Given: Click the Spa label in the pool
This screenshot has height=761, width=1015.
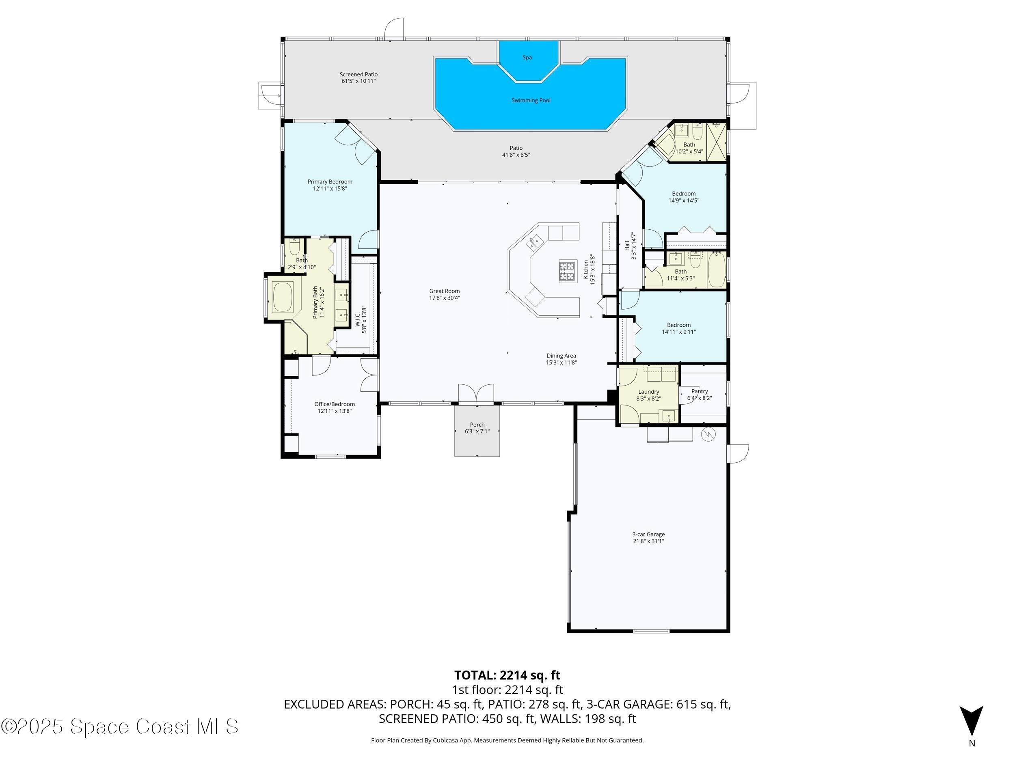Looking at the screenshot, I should coord(527,57).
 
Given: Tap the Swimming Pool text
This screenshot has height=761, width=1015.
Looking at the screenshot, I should coord(531,100).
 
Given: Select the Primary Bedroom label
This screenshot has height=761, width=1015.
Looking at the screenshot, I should coord(329,182).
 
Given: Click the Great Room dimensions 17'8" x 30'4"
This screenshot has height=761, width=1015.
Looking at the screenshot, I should coord(444,298).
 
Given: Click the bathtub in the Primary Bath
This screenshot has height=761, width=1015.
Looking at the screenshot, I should coord(283,297).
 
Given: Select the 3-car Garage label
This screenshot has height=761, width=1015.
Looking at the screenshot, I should coord(648,534).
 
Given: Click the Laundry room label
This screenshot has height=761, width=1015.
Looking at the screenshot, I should coord(648,391).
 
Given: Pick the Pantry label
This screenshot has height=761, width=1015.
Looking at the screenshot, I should coord(699,391).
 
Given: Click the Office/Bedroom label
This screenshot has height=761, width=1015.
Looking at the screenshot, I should coord(334,404).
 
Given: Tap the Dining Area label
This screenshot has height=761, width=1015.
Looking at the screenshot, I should coord(561,356).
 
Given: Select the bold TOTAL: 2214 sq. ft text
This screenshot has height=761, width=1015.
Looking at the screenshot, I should coord(507,675).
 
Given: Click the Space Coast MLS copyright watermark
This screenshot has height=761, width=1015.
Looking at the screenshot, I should coord(119,727).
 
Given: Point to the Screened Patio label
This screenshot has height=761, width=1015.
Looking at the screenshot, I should coord(358,74).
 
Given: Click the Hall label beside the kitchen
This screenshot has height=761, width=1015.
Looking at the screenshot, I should coord(627,246).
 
